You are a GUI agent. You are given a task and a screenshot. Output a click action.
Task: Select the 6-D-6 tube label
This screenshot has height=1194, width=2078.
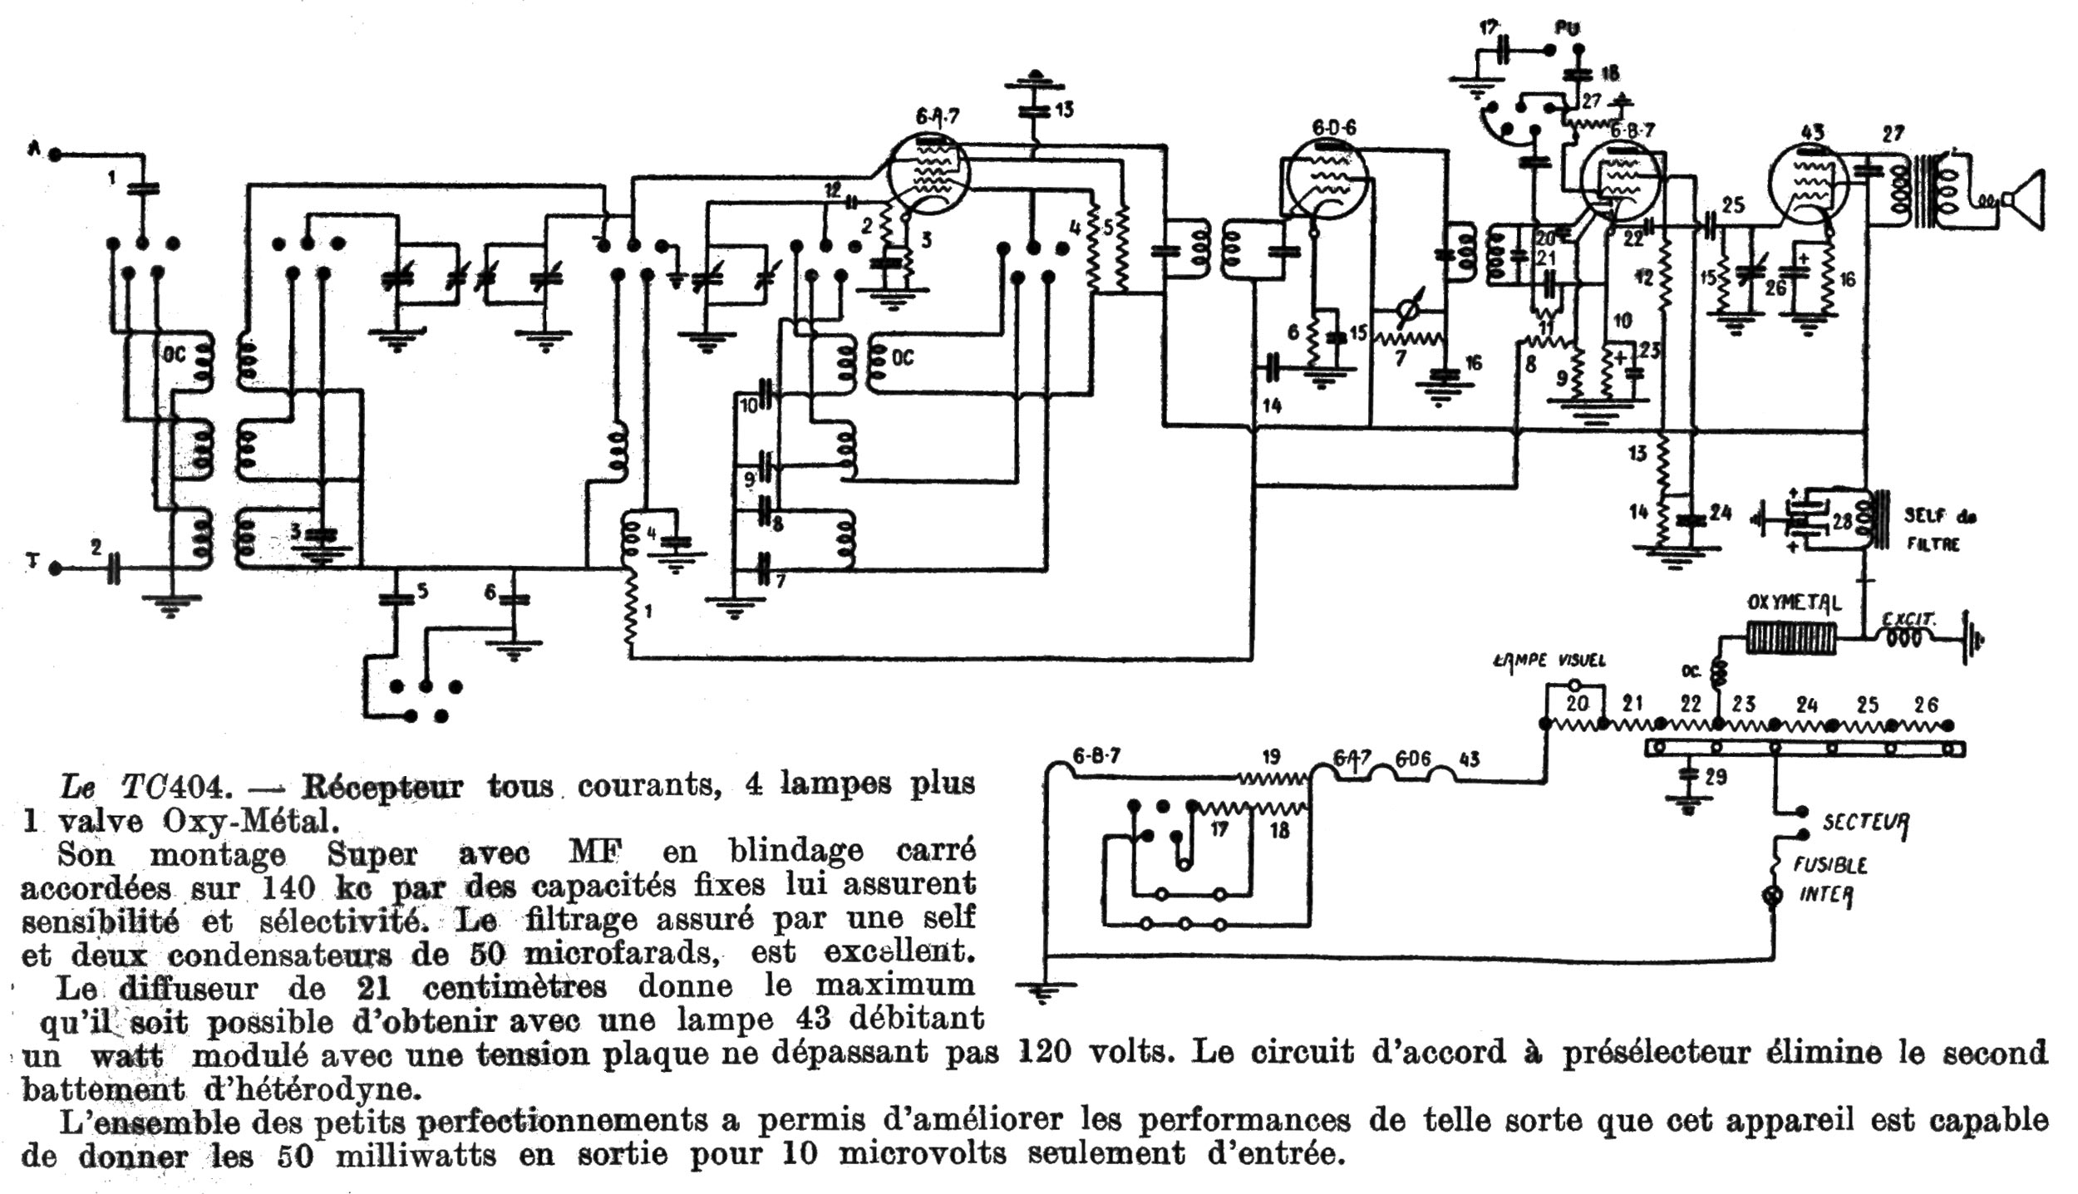point(1333,127)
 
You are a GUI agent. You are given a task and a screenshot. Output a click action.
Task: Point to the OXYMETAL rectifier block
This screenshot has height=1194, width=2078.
point(1792,638)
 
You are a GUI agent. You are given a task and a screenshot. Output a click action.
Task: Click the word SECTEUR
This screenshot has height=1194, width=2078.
point(1866,823)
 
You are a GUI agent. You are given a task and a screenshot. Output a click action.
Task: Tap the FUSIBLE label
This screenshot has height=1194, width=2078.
point(1830,866)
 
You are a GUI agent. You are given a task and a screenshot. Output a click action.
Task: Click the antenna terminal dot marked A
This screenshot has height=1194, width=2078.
point(55,154)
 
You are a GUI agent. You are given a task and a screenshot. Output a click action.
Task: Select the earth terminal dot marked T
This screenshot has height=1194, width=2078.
point(55,569)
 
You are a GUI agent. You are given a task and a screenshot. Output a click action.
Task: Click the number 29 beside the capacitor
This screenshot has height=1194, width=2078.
point(1716,777)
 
